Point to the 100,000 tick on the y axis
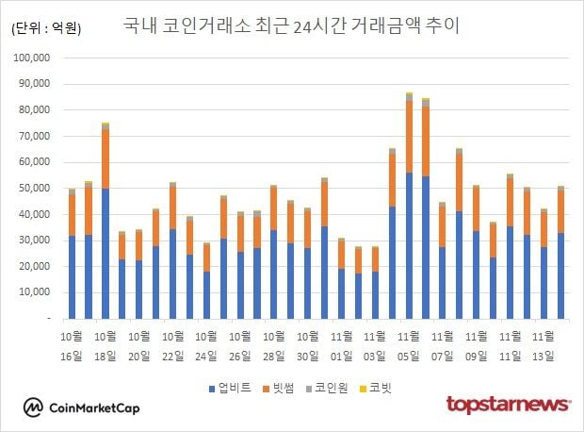[x=35, y=58]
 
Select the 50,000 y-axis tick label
[x=37, y=189]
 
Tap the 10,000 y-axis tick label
[x=37, y=293]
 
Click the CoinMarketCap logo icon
[x=35, y=407]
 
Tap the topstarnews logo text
[x=509, y=405]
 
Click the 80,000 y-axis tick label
[x=37, y=109]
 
